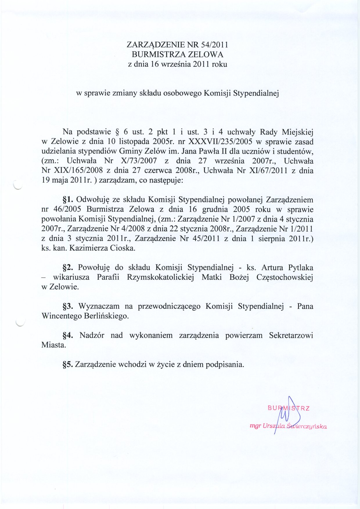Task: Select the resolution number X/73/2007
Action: tap(140, 161)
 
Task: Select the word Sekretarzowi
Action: tap(291, 335)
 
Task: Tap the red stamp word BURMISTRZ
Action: tap(289, 408)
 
